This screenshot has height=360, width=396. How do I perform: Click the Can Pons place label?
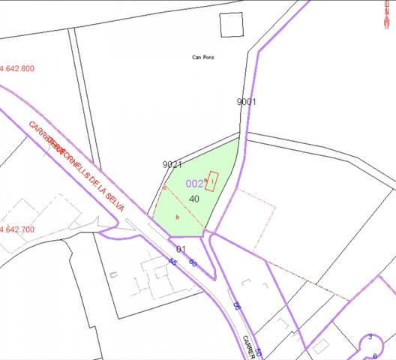[202, 57]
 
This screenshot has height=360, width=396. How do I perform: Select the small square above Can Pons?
[232, 25]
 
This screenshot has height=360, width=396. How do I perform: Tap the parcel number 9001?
[246, 101]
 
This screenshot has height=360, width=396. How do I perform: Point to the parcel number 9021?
[172, 164]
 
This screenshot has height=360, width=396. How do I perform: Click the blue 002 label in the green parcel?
[194, 184]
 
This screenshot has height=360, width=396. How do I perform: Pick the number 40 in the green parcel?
[194, 199]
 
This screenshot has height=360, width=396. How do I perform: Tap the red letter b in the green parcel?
[177, 217]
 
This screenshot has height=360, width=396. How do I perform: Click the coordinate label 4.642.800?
[18, 68]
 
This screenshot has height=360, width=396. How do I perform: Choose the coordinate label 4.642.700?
[18, 229]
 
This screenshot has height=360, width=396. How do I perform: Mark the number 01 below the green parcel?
[181, 249]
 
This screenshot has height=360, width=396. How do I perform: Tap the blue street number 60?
[193, 262]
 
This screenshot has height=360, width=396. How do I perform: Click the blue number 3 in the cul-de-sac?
[370, 337]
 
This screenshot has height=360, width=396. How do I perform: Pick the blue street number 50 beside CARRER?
[259, 352]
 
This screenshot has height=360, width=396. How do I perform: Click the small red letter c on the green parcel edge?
[164, 187]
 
